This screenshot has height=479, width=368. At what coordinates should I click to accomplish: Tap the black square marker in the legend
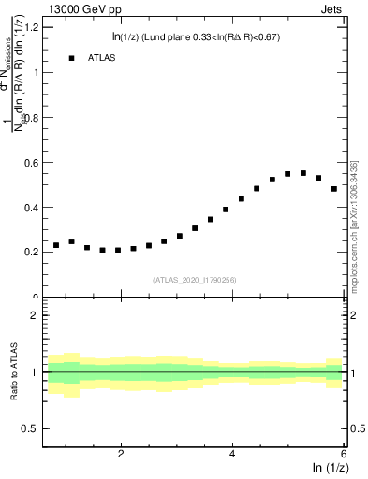coord(71,58)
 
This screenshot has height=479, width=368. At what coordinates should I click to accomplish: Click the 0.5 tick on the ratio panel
coord(30,428)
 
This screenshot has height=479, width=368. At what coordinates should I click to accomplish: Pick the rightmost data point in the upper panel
coord(334,189)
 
